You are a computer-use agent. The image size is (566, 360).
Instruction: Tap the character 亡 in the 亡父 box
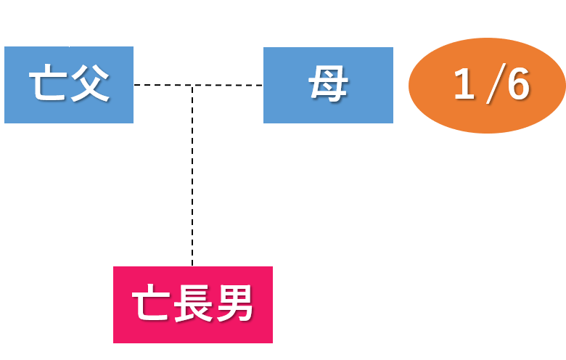(47, 85)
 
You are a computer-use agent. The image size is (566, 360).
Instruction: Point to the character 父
(90, 85)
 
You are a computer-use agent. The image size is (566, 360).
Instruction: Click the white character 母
(328, 85)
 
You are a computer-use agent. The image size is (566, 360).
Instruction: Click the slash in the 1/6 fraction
(491, 86)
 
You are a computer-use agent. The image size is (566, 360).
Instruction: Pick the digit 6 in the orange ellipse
(517, 85)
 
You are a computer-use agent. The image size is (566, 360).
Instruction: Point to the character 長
(193, 303)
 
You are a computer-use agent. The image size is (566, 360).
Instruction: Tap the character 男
(235, 303)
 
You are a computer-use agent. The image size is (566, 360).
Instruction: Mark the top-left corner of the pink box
(114, 267)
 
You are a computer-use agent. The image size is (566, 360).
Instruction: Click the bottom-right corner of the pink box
(272, 343)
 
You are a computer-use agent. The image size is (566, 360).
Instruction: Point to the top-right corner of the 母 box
(393, 48)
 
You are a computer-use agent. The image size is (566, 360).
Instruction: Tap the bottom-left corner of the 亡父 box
(5, 123)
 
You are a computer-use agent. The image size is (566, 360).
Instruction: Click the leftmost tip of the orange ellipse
(409, 86)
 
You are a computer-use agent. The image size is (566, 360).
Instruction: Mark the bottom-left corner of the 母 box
(264, 123)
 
